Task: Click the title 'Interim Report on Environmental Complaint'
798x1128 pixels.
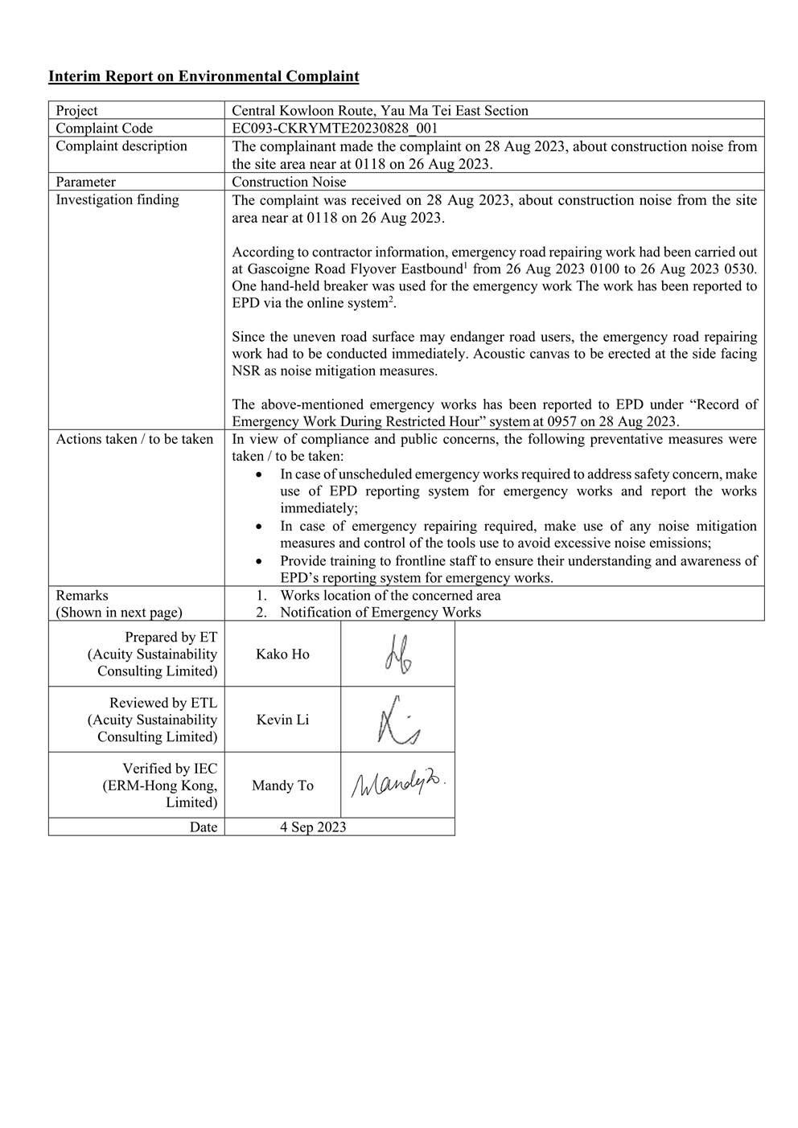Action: pos(204,76)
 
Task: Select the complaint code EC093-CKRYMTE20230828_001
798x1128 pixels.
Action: pos(335,128)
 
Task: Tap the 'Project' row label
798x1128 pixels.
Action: pos(76,111)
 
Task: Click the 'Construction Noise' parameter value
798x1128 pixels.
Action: pos(289,182)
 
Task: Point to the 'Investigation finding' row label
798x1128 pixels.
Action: pos(117,199)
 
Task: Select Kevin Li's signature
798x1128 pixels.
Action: pos(397,720)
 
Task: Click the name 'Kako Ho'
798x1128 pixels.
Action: pos(282,654)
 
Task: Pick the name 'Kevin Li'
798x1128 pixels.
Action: pos(282,720)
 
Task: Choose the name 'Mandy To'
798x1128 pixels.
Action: pos(282,785)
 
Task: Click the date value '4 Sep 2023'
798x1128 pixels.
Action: pos(313,827)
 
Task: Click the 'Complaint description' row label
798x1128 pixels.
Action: pos(121,146)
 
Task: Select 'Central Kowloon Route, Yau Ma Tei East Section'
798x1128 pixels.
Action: pos(380,111)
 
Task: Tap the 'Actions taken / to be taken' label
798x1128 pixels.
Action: pos(134,439)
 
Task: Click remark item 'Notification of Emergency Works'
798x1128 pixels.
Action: pos(380,613)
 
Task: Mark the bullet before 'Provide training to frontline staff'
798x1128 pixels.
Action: pos(258,561)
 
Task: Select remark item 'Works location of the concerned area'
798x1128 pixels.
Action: pos(390,596)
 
